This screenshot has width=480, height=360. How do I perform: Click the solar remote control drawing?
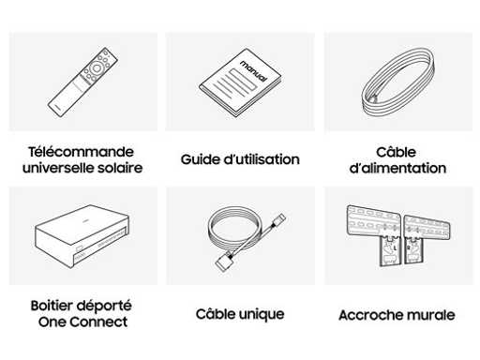click(x=82, y=82)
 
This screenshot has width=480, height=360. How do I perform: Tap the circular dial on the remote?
click(x=97, y=67)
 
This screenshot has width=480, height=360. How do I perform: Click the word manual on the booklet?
click(x=254, y=71)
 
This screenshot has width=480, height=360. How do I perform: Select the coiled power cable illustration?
click(x=398, y=82)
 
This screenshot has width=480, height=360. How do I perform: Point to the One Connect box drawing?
click(x=82, y=236)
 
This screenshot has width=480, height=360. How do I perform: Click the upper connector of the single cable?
click(x=279, y=220)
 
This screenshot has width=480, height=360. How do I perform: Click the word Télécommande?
click(x=82, y=152)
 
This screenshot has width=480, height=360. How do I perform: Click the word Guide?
click(x=201, y=159)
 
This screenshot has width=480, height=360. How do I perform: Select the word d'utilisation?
click(x=262, y=159)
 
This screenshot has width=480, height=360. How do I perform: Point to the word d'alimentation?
click(x=397, y=168)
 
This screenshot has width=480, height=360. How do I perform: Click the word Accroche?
click(x=368, y=315)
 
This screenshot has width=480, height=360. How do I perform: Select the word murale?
click(x=428, y=315)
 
